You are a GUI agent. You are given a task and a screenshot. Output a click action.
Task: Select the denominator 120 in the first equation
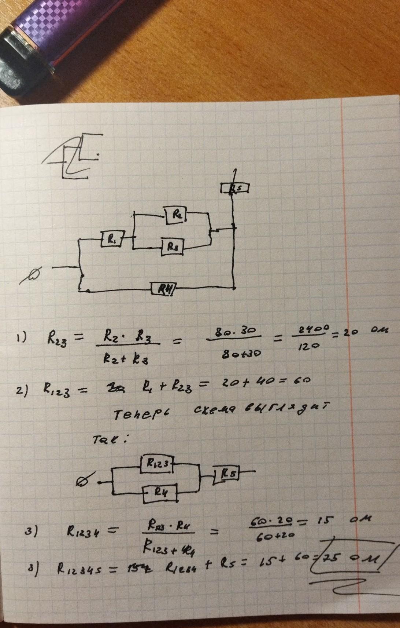pyautogui.click(x=307, y=346)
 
